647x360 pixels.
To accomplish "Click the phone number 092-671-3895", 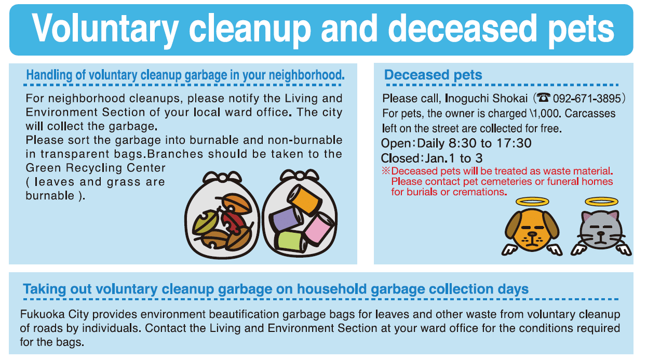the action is pyautogui.click(x=587, y=99).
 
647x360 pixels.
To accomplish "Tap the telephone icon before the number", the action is pyautogui.click(x=544, y=98).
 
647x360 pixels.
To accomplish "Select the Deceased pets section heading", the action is pyautogui.click(x=433, y=75).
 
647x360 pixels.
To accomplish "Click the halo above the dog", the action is pyautogui.click(x=532, y=202).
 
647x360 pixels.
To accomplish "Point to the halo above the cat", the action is pyautogui.click(x=602, y=202).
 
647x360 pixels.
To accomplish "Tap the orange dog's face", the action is pyautogui.click(x=532, y=230).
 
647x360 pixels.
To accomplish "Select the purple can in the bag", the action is pyautogui.click(x=286, y=219).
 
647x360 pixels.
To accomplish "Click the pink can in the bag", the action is pyautogui.click(x=319, y=228).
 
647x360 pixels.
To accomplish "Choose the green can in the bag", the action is pyautogui.click(x=291, y=241).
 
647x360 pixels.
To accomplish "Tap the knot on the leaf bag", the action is pyautogui.click(x=222, y=177).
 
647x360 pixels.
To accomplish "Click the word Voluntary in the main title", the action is pyautogui.click(x=105, y=29).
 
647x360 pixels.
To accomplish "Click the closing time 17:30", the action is pyautogui.click(x=514, y=143).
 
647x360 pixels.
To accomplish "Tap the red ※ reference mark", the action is pyautogui.click(x=386, y=171).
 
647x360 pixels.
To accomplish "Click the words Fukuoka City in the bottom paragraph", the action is pyautogui.click(x=54, y=314).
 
